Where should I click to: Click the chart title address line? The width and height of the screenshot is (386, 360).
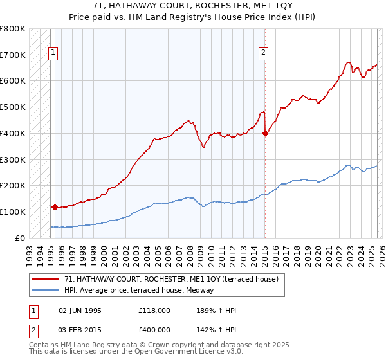tap(192, 6)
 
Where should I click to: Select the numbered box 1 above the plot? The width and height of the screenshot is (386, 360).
tap(52, 54)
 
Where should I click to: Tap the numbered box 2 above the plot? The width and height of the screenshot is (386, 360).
tap(264, 54)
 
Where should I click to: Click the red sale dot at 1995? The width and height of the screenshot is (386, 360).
tap(55, 207)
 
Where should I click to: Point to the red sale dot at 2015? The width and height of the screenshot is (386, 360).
tap(265, 133)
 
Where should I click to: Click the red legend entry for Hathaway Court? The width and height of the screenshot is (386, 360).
tap(171, 280)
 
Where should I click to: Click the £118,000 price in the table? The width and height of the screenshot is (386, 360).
tap(154, 310)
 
